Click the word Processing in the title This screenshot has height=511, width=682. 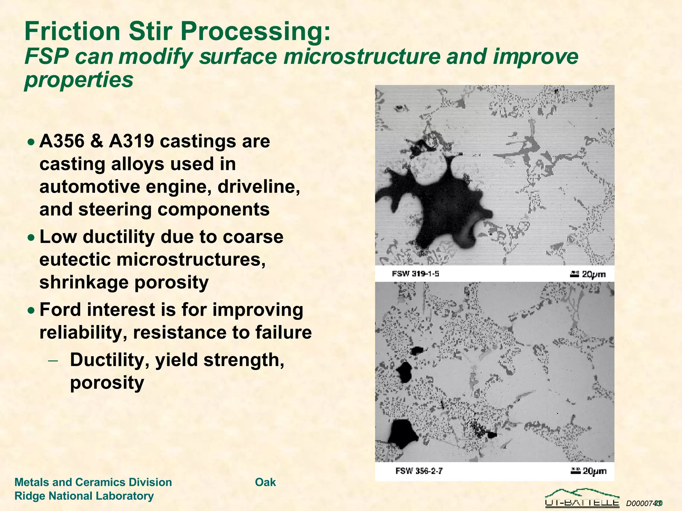[x=256, y=32]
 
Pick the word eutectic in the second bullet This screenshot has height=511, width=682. [x=75, y=259]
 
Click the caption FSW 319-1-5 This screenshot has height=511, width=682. [x=415, y=274]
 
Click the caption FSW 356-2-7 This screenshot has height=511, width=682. [x=419, y=471]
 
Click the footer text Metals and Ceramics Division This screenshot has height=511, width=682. [x=93, y=482]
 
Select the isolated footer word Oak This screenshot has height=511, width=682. [x=265, y=482]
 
